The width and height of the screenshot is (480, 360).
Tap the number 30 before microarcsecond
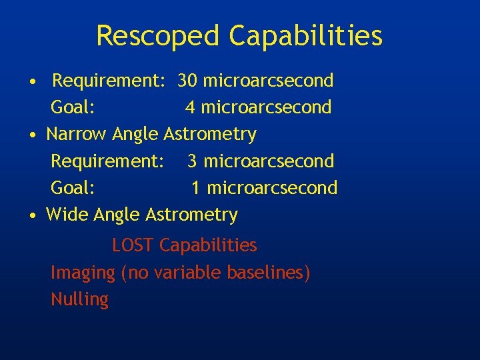[187, 81]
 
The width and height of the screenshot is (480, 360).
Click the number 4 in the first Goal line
[190, 107]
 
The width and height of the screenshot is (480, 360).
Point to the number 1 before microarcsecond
[196, 188]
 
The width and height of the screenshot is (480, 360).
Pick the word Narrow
[76, 134]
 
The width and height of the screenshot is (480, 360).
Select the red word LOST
[133, 245]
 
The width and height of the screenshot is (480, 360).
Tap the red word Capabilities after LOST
[208, 245]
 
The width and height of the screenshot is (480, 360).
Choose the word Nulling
[79, 299]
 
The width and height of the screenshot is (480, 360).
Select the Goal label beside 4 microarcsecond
[73, 107]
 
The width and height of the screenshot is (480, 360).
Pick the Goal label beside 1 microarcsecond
[73, 188]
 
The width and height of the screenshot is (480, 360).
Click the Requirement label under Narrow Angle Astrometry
[107, 161]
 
